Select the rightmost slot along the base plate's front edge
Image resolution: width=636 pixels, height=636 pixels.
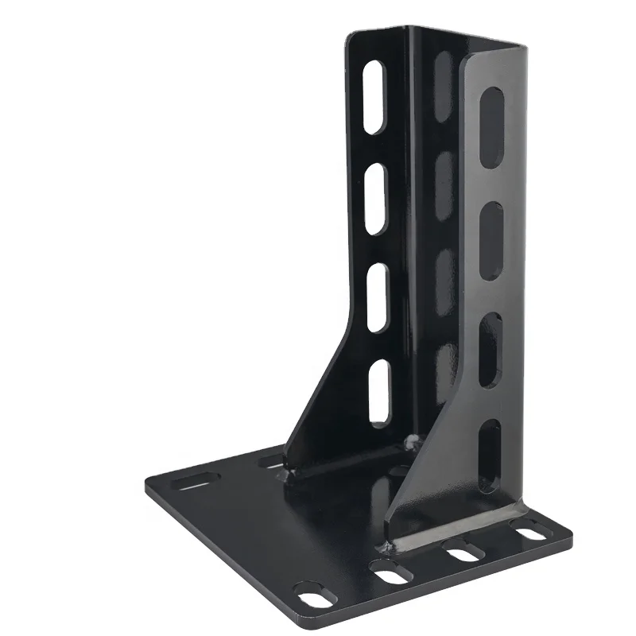[x=531, y=533]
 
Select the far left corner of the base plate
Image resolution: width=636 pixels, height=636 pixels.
[x=146, y=486]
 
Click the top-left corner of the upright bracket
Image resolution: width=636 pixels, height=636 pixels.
[x=347, y=36]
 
